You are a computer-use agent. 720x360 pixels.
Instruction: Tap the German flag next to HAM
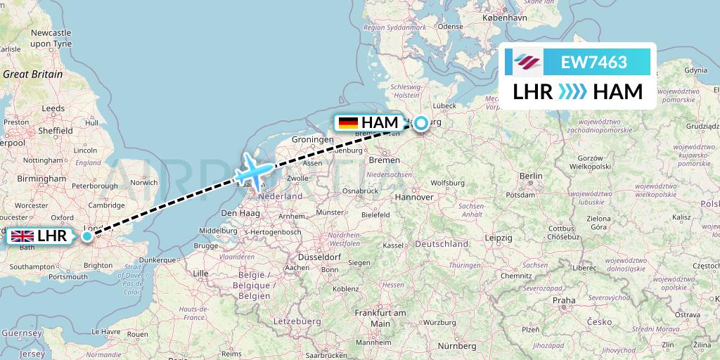(x=348, y=123)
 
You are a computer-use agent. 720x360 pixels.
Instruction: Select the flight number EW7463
(x=593, y=62)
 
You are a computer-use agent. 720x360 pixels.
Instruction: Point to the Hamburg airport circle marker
(x=420, y=123)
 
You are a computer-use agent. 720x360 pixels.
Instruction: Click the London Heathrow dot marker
(x=86, y=236)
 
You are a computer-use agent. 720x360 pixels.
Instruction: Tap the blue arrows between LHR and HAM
(x=572, y=92)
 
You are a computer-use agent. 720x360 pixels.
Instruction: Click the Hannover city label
(x=413, y=198)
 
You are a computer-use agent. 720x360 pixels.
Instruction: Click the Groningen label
(x=313, y=140)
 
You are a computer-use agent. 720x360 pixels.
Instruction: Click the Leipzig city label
(x=498, y=238)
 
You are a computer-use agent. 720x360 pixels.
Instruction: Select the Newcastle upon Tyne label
(x=51, y=38)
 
